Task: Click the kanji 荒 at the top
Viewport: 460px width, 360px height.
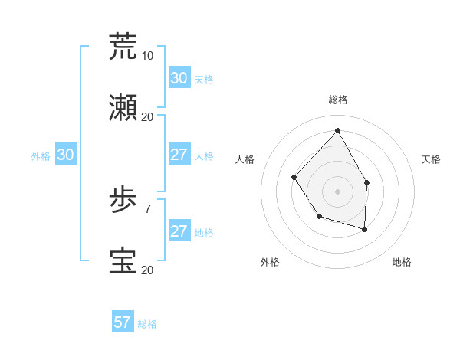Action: coord(123,46)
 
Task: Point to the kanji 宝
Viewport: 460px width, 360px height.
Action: coord(123,261)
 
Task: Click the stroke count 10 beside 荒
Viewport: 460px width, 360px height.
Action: coord(147,56)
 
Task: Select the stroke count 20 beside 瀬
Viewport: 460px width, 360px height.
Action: coord(147,116)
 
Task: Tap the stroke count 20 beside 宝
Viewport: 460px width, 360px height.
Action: coord(147,270)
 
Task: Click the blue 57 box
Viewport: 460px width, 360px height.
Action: coord(123,322)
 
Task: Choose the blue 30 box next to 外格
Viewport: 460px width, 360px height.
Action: coord(66,155)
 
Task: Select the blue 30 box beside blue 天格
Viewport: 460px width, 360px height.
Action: coord(179,78)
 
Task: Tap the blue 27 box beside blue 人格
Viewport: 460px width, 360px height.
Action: coord(179,155)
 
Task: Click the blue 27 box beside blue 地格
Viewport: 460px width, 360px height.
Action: coord(179,231)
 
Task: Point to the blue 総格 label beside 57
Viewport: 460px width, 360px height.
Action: coord(147,324)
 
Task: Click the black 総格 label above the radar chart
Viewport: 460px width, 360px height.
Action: coord(337,100)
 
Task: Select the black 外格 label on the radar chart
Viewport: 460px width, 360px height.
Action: coord(270,262)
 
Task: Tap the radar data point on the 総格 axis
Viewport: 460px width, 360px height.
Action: coord(337,130)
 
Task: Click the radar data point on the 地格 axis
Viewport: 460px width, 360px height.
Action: coord(365,229)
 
